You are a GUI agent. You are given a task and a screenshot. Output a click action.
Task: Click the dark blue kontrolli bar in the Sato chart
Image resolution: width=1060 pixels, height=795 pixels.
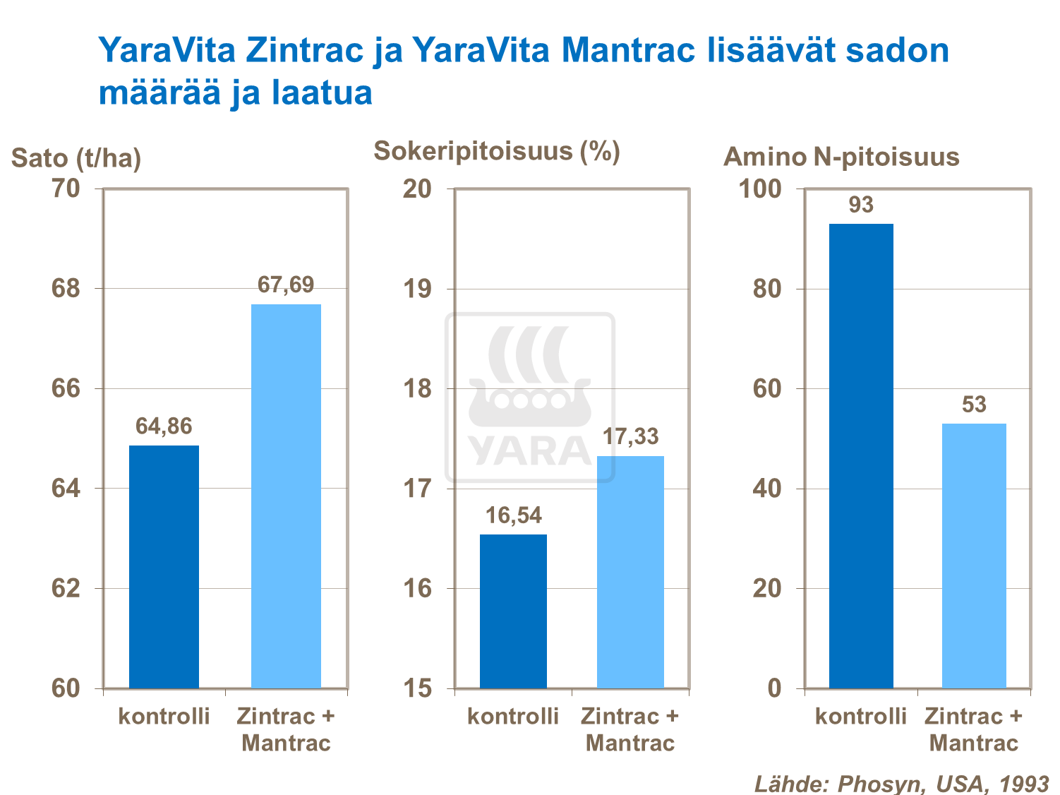tap(164, 566)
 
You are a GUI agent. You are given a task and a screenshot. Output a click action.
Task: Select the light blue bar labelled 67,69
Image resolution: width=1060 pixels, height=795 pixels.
tap(286, 496)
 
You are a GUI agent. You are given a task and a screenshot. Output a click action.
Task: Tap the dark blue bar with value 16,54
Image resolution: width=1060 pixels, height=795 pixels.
tap(513, 611)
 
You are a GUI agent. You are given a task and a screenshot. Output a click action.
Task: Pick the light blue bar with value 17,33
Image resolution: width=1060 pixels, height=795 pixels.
tap(630, 572)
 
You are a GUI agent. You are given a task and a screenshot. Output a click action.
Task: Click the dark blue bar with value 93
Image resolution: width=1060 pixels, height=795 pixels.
tap(861, 455)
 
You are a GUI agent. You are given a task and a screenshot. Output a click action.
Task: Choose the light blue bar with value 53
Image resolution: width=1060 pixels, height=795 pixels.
tap(974, 556)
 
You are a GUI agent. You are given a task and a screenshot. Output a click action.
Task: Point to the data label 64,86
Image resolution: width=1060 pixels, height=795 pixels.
tap(164, 426)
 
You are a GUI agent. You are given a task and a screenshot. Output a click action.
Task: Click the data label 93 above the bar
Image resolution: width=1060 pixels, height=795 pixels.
tap(861, 205)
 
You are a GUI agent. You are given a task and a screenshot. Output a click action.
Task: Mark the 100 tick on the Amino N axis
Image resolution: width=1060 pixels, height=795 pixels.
tap(759, 189)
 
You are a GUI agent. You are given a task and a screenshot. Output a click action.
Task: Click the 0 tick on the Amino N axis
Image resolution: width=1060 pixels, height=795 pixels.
tap(774, 688)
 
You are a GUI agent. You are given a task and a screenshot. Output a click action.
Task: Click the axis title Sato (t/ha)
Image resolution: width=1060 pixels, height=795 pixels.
tap(76, 157)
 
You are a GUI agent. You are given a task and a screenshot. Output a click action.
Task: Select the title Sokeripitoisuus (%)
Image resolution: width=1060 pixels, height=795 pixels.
tap(496, 151)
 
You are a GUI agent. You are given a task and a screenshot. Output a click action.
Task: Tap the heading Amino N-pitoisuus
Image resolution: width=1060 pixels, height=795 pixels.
tap(841, 157)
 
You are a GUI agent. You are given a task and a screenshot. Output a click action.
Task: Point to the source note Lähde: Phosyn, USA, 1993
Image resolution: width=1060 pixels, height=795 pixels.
tap(901, 783)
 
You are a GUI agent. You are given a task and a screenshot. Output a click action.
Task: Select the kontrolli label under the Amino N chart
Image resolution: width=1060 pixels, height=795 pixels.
tap(860, 717)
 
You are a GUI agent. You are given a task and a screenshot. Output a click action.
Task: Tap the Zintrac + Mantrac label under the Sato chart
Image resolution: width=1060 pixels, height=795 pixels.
tap(286, 729)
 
